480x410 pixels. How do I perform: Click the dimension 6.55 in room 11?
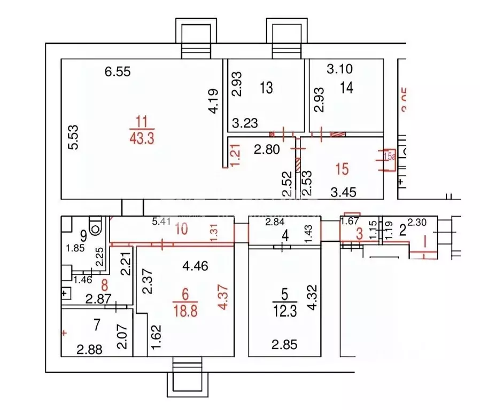pyautogui.click(x=118, y=71)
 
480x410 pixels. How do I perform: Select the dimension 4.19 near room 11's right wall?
pyautogui.click(x=214, y=101)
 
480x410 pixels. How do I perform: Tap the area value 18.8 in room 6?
pyautogui.click(x=185, y=310)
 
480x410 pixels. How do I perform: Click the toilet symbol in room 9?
pyautogui.click(x=96, y=226)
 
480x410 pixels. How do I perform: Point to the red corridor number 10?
pyautogui.click(x=182, y=229)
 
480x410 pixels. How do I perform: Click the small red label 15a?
pyautogui.click(x=389, y=156)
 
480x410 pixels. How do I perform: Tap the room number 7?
pyautogui.click(x=97, y=324)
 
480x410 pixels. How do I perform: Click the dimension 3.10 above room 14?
pyautogui.click(x=340, y=69)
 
